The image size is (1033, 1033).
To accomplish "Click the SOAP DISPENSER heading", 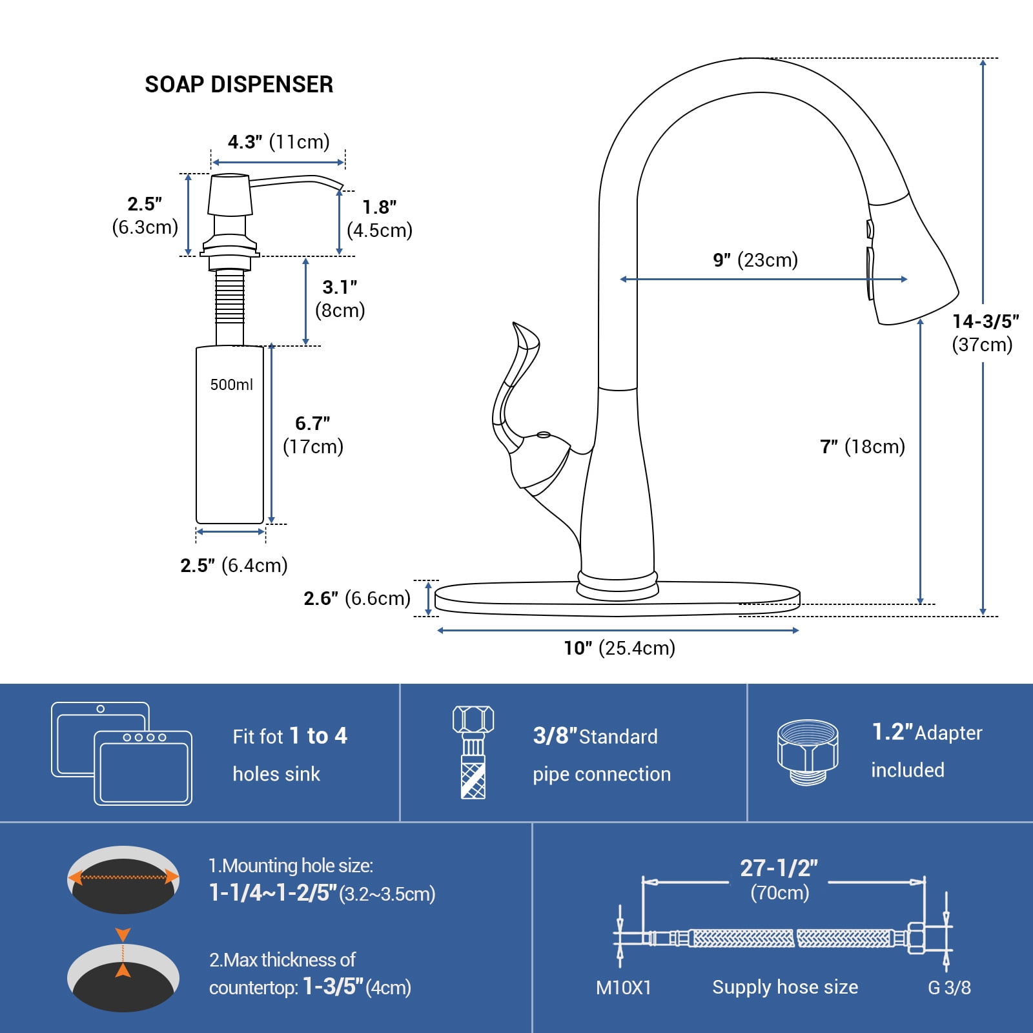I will [x=239, y=85].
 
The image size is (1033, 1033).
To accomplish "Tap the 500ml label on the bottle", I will [x=231, y=385].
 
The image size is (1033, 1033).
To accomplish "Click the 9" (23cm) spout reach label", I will [x=755, y=260].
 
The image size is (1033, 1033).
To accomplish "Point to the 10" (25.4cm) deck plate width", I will [x=619, y=648].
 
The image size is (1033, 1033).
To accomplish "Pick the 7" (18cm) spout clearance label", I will [x=862, y=446].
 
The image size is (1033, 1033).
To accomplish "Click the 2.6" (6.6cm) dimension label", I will [x=357, y=598].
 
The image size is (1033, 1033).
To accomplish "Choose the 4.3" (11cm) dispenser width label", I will [x=278, y=141].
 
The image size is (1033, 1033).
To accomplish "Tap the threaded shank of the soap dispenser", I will [x=230, y=297].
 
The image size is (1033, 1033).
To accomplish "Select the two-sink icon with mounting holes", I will [x=121, y=753].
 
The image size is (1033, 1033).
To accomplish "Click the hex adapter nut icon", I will [x=807, y=752].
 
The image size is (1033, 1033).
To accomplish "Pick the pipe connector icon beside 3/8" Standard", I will [x=473, y=752].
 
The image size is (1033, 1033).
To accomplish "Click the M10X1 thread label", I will [x=623, y=987].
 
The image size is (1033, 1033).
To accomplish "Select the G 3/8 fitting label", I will [x=949, y=987].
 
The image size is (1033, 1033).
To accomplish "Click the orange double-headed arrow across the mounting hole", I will [x=123, y=877].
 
